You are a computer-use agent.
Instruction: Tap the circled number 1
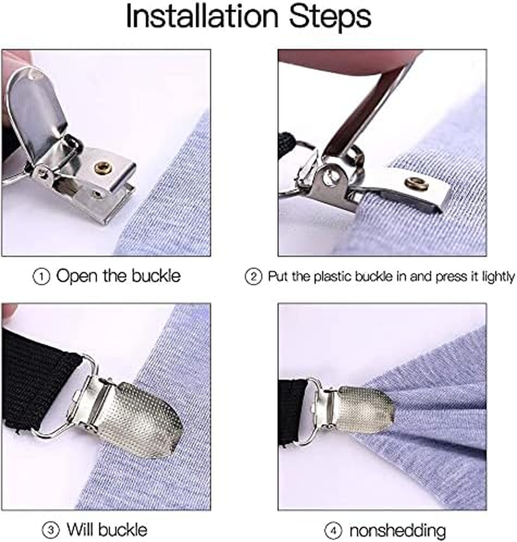tap(41, 276)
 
